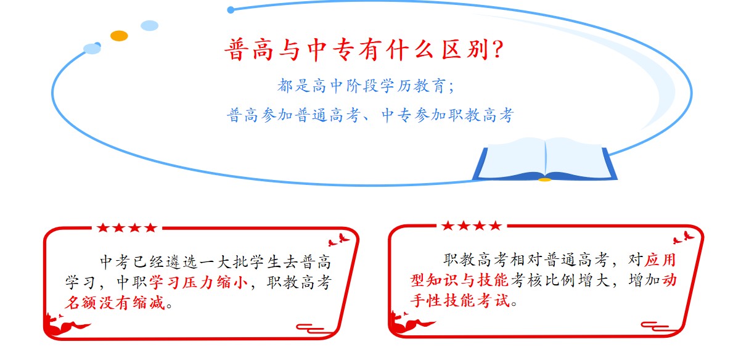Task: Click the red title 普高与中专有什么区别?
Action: click(x=364, y=50)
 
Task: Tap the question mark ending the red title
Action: click(x=494, y=50)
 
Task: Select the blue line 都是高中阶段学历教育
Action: click(x=359, y=86)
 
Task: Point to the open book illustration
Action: click(x=544, y=159)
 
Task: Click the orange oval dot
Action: click(x=119, y=36)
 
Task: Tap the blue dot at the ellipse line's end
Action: click(x=231, y=10)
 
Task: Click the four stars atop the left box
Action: click(x=126, y=227)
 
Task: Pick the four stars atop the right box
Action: click(x=471, y=226)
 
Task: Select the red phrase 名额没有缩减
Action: click(x=115, y=303)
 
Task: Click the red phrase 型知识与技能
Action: click(x=459, y=280)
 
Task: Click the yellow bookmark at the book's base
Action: click(x=544, y=179)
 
